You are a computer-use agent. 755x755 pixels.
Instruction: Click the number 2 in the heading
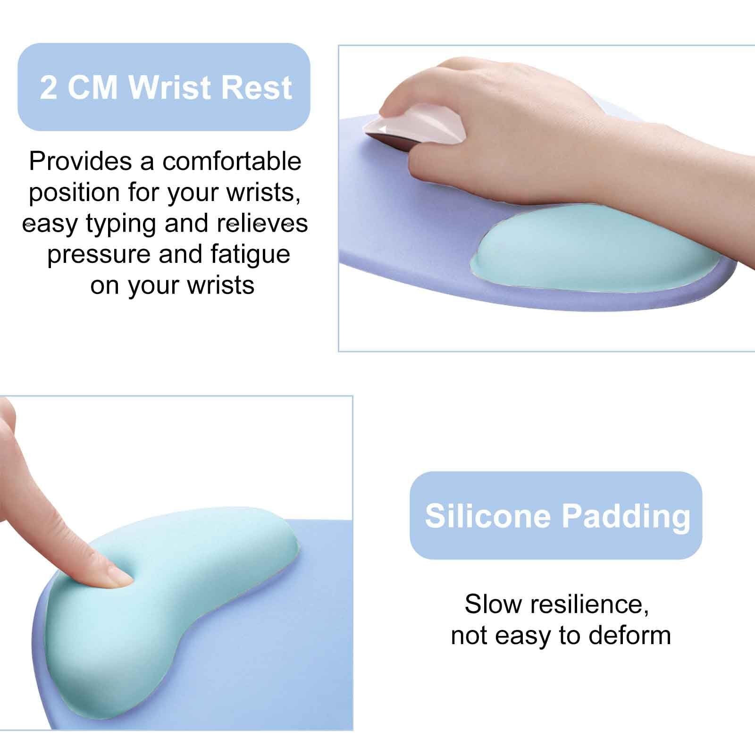point(49,88)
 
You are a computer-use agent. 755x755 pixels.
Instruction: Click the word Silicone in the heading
point(487,516)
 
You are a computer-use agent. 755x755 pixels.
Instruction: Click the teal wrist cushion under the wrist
point(595,255)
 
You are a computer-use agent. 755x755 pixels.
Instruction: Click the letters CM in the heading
point(92,88)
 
